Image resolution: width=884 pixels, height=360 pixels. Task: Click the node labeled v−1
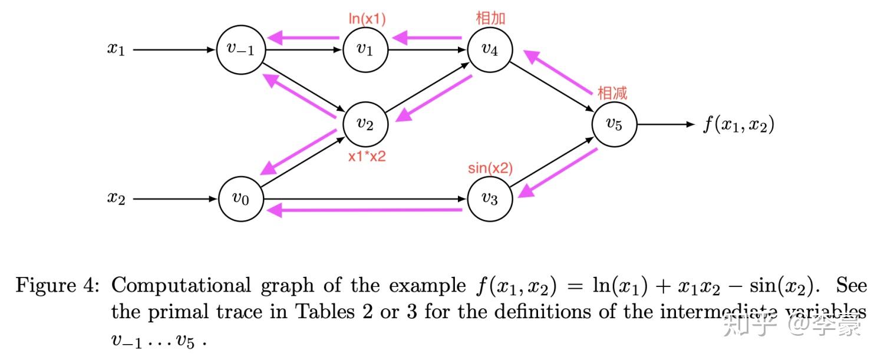click(x=240, y=50)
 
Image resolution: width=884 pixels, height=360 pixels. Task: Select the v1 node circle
click(x=365, y=50)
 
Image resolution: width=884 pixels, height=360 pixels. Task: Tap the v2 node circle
click(x=365, y=124)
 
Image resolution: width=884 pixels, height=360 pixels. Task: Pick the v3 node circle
click(x=490, y=199)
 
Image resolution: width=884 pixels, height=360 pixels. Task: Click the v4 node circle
click(x=490, y=50)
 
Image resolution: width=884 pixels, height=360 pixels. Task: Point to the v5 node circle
click(x=614, y=124)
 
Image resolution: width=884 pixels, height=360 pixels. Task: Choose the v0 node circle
click(x=240, y=199)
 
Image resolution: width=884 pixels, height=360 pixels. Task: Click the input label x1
click(x=116, y=49)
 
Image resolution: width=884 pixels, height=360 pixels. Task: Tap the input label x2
click(x=116, y=199)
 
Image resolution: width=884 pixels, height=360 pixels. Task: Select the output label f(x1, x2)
click(x=738, y=125)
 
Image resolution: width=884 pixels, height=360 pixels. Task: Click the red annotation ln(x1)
click(x=367, y=19)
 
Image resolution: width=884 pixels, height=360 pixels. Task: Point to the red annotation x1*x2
click(x=367, y=157)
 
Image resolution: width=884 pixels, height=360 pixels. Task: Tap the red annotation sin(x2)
click(x=490, y=169)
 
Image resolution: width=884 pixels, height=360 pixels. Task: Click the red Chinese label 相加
click(x=490, y=18)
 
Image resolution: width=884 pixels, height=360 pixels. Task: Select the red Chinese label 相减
click(x=612, y=93)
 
